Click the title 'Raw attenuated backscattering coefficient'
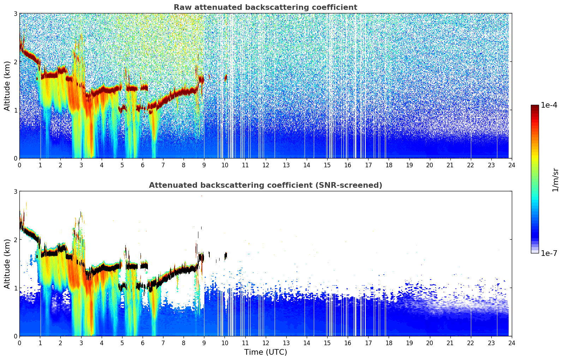265,7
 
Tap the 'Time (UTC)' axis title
265,352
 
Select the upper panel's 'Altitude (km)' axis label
7,86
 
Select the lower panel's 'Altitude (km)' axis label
7,264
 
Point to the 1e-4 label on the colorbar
549,105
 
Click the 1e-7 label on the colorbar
549,253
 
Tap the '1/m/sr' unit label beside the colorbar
555,180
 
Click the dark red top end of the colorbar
535,106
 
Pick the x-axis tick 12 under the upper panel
266,165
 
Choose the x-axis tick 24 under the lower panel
512,343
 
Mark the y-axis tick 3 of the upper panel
15,13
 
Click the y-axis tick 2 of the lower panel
15,240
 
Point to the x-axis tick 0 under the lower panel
20,343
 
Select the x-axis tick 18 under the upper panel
389,165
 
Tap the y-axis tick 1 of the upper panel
15,110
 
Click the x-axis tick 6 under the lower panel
143,343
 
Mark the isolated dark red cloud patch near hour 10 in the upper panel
226,78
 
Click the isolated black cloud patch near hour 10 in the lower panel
226,256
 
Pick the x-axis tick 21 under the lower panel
450,343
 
